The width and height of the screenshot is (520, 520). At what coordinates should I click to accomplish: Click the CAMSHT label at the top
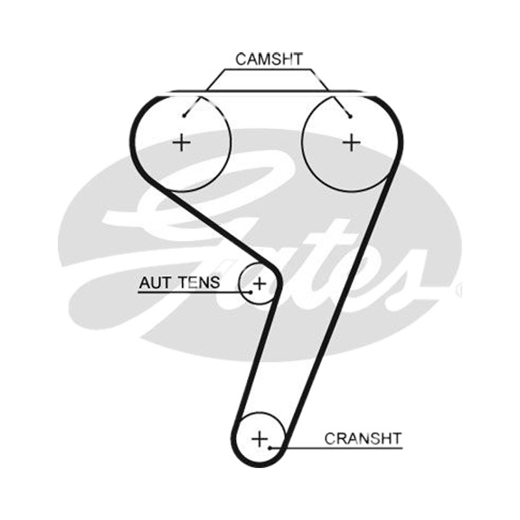(269, 59)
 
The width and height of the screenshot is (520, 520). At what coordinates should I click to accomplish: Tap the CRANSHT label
(363, 439)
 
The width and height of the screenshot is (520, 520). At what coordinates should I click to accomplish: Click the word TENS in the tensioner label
(199, 283)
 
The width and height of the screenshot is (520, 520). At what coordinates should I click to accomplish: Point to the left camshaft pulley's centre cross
(182, 143)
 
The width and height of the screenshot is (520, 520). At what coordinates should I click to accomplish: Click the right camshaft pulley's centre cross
(352, 143)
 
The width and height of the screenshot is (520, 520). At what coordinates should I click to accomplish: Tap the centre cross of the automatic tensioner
(259, 283)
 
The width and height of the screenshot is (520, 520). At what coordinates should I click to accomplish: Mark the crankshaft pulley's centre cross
(259, 439)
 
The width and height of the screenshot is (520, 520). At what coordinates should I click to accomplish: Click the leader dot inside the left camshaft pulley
(184, 116)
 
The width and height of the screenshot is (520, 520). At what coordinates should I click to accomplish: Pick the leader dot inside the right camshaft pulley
(350, 116)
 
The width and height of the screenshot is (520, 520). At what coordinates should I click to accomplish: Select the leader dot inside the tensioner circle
(251, 292)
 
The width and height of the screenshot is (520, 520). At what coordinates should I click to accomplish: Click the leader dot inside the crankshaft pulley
(270, 448)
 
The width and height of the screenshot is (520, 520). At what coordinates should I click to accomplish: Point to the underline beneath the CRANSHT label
(336, 448)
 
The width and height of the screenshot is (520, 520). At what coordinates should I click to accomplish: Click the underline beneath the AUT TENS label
(194, 292)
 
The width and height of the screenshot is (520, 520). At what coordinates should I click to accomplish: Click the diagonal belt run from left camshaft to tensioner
(220, 226)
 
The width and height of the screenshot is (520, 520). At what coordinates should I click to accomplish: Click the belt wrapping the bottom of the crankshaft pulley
(259, 465)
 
